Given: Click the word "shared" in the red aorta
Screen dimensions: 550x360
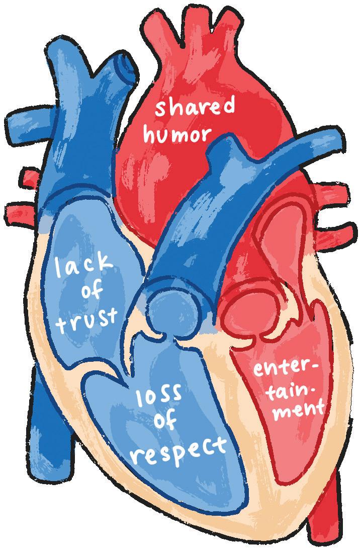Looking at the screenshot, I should tap(195, 108).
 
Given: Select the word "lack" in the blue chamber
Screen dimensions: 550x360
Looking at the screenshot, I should tap(84, 266).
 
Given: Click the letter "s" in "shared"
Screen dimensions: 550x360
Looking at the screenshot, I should tap(161, 109).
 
